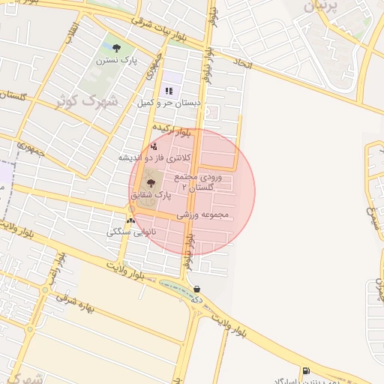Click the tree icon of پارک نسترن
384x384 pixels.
[115, 49]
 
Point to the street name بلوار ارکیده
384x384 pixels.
[172, 129]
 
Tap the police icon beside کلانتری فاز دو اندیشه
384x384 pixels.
[154, 147]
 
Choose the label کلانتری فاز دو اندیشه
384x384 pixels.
[155, 158]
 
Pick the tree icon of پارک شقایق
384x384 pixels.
[151, 183]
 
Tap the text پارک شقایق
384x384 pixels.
[151, 195]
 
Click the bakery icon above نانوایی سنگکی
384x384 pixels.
[132, 220]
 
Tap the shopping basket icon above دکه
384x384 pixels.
[196, 289]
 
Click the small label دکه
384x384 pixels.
[197, 299]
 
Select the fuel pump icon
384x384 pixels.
[305, 370]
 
